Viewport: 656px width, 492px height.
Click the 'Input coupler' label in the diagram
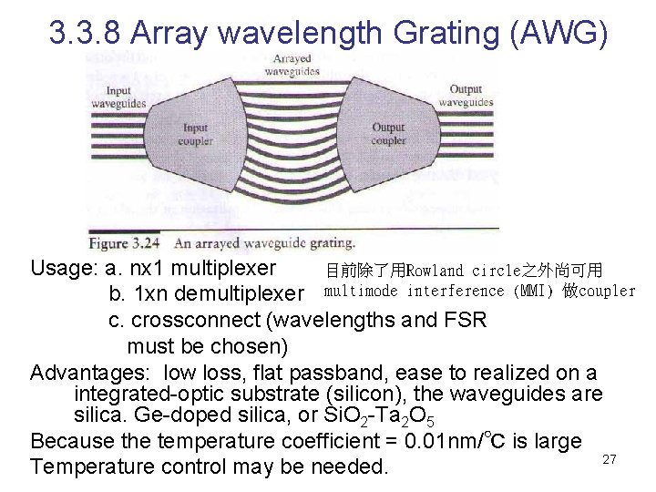195,136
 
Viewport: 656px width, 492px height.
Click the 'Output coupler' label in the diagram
389,135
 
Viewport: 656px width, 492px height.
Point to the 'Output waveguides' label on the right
465,97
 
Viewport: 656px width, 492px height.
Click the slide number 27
610,460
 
